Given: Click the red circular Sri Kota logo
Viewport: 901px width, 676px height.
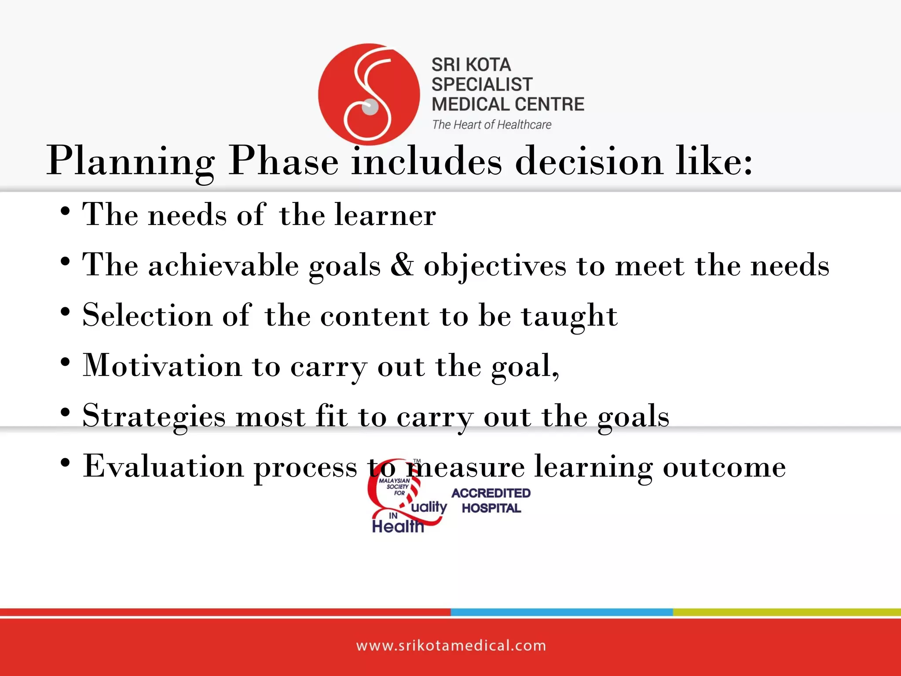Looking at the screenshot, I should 369,94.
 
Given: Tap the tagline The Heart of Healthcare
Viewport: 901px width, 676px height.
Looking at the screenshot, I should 491,125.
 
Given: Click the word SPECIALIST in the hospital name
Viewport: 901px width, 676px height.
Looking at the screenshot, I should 482,84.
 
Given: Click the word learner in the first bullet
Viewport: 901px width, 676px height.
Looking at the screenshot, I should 385,215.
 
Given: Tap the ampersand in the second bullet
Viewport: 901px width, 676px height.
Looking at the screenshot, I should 402,265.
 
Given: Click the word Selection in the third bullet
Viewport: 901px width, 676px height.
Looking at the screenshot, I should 147,316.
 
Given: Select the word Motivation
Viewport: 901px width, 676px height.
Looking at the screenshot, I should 162,366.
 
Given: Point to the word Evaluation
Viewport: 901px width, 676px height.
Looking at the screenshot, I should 163,467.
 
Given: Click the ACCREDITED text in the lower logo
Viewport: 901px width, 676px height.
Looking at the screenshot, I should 491,493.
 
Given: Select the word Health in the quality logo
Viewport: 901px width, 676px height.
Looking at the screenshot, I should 397,526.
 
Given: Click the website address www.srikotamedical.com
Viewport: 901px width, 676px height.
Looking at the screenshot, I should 450,646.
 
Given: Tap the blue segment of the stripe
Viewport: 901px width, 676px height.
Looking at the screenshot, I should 561,612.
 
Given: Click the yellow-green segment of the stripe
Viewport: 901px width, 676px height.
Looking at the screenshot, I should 787,612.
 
